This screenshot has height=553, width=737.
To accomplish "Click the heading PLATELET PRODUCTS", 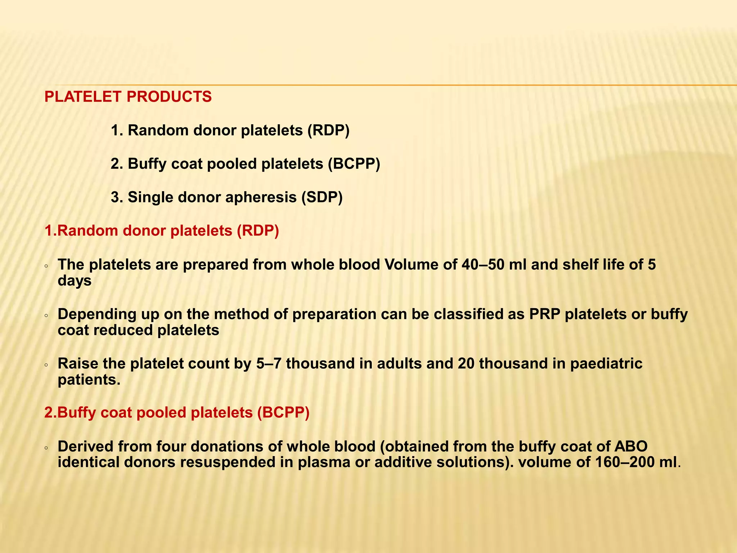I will click(x=128, y=97).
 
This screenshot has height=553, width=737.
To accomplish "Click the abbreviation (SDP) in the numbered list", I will click(x=322, y=197).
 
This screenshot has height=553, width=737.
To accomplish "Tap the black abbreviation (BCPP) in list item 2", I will click(x=354, y=164).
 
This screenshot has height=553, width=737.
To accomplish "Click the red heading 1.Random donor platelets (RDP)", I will click(x=162, y=231).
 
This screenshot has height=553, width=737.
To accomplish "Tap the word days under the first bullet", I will click(x=74, y=280).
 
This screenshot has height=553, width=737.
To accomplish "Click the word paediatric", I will click(x=606, y=364).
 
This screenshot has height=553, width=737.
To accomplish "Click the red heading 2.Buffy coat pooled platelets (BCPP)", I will click(x=177, y=413).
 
